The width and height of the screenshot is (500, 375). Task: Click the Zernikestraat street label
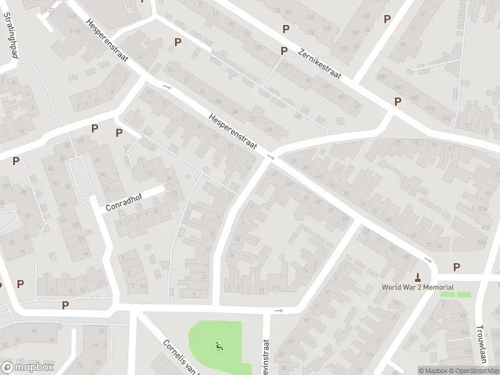319,64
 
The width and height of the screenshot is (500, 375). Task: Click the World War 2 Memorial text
417,287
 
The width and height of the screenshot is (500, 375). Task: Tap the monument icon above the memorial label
417,276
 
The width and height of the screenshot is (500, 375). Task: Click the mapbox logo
27,367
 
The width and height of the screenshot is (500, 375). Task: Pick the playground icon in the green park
218,346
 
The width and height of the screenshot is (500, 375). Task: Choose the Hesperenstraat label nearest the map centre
234,131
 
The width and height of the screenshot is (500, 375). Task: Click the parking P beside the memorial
456,267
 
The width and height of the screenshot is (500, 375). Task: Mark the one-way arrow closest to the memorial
428,260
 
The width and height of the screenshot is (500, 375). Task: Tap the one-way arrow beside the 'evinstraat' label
279,310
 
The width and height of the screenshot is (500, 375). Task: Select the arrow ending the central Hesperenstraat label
271,156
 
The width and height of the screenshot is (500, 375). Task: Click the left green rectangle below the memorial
447,294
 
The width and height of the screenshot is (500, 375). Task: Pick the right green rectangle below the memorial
464,294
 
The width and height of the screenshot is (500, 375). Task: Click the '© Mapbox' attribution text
434,371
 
